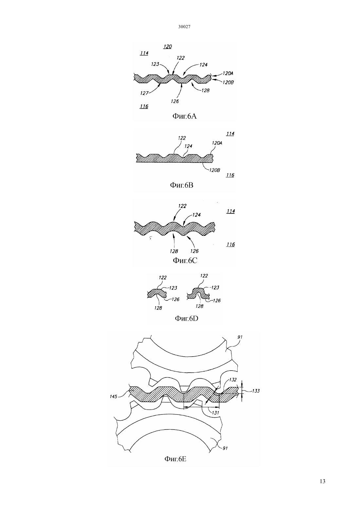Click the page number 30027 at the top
click(184, 27)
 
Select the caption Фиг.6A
click(185, 116)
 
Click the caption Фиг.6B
click(182, 185)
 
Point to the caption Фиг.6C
click(185, 260)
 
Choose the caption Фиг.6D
click(186, 318)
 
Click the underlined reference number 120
click(168, 46)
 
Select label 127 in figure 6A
click(144, 93)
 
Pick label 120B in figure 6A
click(228, 82)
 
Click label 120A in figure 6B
click(217, 143)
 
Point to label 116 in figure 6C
click(231, 244)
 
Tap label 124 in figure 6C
click(197, 215)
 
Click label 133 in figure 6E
click(256, 391)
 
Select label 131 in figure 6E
click(215, 412)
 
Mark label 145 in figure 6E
click(114, 396)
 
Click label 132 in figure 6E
click(233, 380)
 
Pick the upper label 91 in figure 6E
click(240, 337)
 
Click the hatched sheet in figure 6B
click(174, 158)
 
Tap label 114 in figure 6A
click(144, 53)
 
